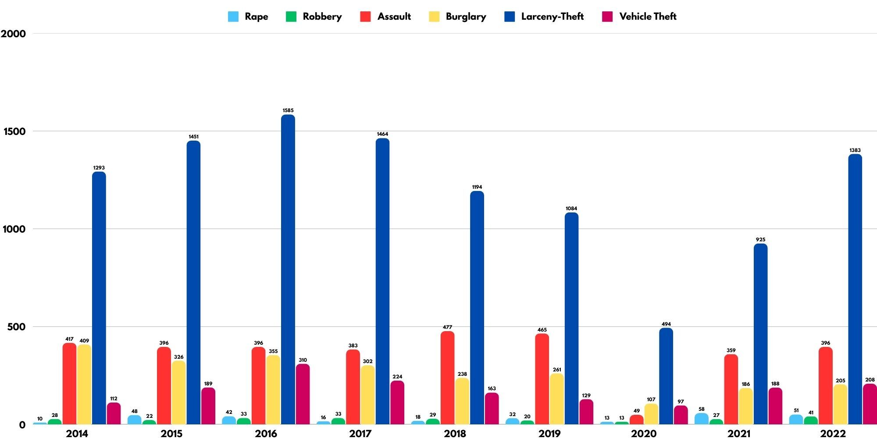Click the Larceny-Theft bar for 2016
click(x=288, y=269)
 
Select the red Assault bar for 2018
click(x=447, y=378)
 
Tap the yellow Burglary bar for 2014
click(x=84, y=384)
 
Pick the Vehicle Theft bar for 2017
click(x=397, y=402)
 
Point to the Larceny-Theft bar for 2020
click(x=666, y=376)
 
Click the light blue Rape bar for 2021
click(x=701, y=419)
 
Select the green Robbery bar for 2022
click(x=811, y=420)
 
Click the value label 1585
click(x=288, y=110)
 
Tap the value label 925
click(x=760, y=240)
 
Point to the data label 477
click(x=447, y=327)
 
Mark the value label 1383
click(x=855, y=150)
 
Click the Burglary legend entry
click(x=458, y=17)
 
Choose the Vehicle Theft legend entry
click(x=640, y=17)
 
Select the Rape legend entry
click(x=248, y=17)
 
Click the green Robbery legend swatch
click(x=291, y=17)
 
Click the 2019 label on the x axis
click(x=549, y=434)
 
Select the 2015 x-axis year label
click(x=171, y=434)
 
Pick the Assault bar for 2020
click(x=636, y=420)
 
